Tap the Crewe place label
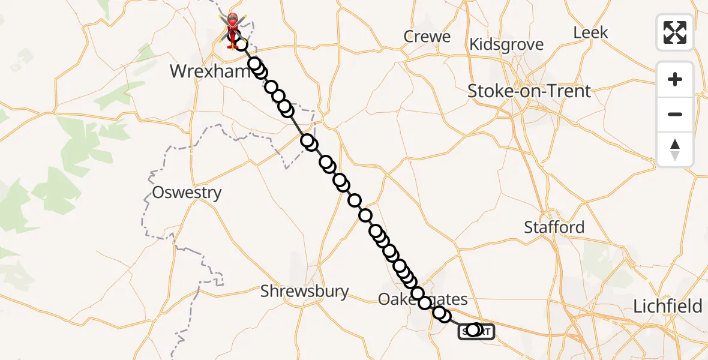click(x=428, y=37)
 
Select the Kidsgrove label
click(x=507, y=44)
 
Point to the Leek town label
click(x=591, y=32)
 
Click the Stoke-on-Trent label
click(x=529, y=91)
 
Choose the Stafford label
click(x=554, y=227)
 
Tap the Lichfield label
click(x=668, y=307)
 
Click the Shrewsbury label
click(x=304, y=292)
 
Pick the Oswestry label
click(x=187, y=193)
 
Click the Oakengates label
click(x=422, y=299)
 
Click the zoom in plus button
click(x=675, y=79)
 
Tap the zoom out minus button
click(x=675, y=114)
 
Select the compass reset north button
click(x=675, y=149)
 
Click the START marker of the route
click(x=476, y=331)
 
